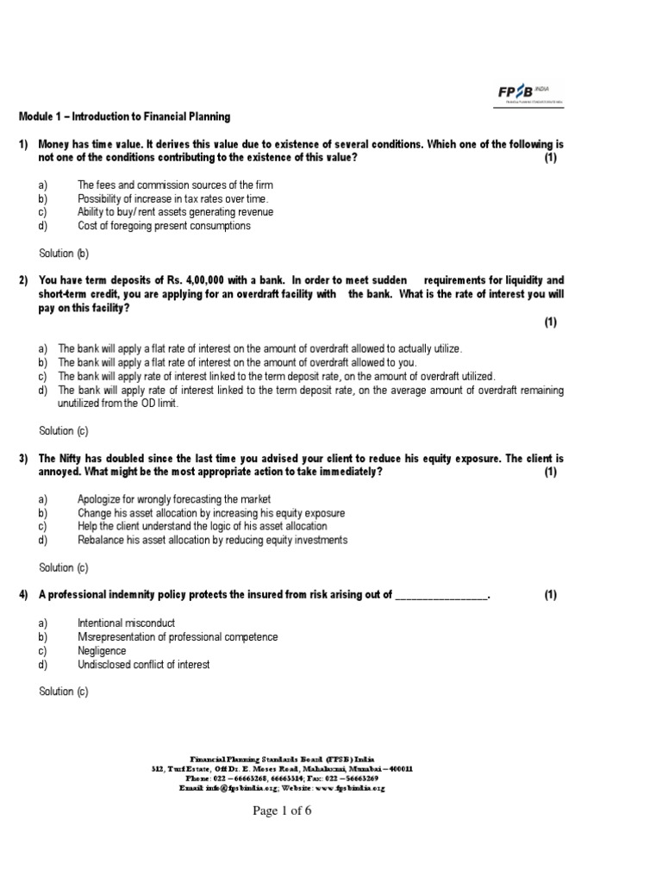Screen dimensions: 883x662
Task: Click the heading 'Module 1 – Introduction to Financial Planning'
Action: pos(125,116)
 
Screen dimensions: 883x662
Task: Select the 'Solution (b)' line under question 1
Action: pos(64,254)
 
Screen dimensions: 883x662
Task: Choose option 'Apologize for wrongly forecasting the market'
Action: pos(174,499)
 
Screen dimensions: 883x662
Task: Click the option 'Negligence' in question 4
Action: pos(102,651)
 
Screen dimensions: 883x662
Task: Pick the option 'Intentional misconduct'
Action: pos(126,623)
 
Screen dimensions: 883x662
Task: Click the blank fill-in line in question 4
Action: pos(440,595)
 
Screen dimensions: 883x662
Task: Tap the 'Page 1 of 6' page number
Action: pos(282,811)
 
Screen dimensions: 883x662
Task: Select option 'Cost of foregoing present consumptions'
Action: pos(164,226)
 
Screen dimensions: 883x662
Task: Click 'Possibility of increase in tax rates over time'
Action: pos(166,198)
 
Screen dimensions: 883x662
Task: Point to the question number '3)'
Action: pos(24,459)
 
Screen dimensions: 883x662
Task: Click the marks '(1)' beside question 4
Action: pos(551,595)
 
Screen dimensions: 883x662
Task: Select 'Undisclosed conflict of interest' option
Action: pos(143,665)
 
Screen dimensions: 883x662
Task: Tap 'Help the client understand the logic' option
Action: pos(202,526)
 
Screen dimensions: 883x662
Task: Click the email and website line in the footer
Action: pos(282,788)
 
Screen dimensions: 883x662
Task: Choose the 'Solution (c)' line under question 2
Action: pos(64,431)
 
